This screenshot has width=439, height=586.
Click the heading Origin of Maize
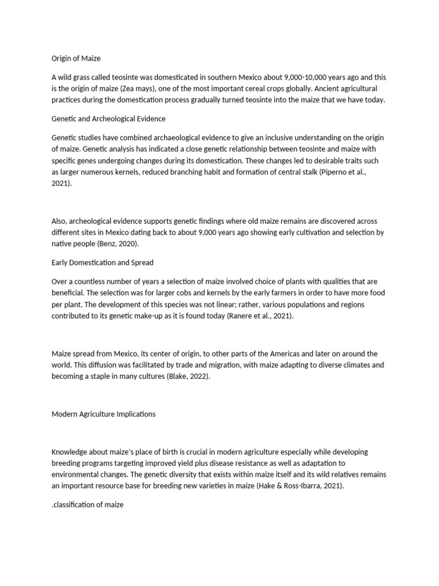click(76, 58)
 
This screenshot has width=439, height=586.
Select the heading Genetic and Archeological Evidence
click(108, 119)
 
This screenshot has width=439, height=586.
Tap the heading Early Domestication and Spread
click(102, 263)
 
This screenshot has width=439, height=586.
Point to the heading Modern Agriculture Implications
click(103, 414)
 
